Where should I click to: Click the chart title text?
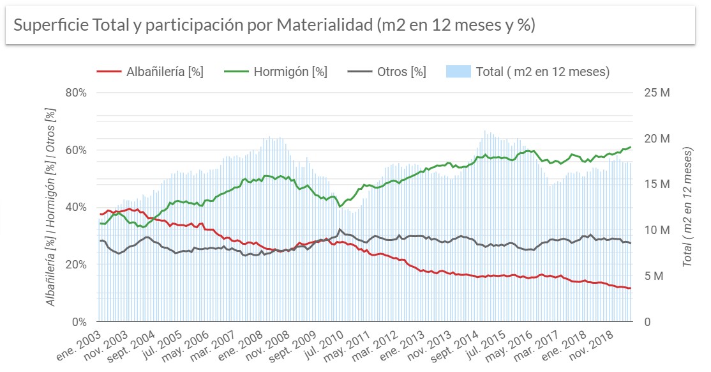pyautogui.click(x=274, y=26)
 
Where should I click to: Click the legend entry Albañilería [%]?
pyautogui.click(x=150, y=72)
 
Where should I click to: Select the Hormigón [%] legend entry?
pyautogui.click(x=276, y=72)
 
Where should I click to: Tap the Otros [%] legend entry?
pyautogui.click(x=387, y=72)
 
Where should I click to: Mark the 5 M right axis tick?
pyautogui.click(x=652, y=276)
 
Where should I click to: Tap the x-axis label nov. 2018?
pyautogui.click(x=608, y=345)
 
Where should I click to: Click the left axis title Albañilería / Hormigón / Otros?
pyautogui.click(x=51, y=206)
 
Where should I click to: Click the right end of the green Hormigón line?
pyautogui.click(x=631, y=147)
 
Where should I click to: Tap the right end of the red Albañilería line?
pyautogui.click(x=631, y=288)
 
